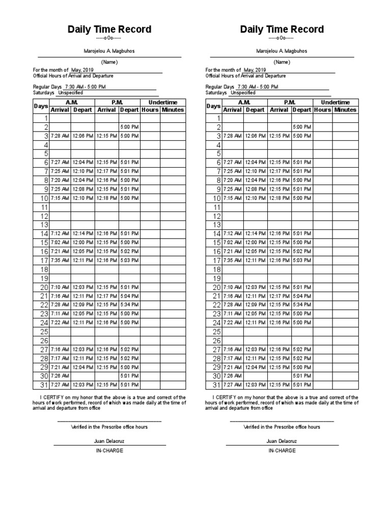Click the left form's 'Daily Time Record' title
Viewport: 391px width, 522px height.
109,29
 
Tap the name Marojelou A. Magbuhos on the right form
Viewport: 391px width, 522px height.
282,51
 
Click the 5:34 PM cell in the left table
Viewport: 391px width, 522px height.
129,305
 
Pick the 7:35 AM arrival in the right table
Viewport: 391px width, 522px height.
232,260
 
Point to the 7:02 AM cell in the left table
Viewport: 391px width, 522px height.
60,243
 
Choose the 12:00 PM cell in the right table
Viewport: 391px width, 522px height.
255,243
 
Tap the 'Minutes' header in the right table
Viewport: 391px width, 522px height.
345,110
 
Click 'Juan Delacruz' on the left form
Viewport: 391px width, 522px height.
109,441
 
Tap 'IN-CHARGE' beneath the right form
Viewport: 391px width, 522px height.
282,451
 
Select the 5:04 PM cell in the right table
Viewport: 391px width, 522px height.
301,296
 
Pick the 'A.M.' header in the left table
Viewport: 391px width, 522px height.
71,102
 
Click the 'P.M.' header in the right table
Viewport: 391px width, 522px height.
290,102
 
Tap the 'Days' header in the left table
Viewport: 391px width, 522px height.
41,106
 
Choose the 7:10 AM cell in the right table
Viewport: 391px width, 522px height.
232,288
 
